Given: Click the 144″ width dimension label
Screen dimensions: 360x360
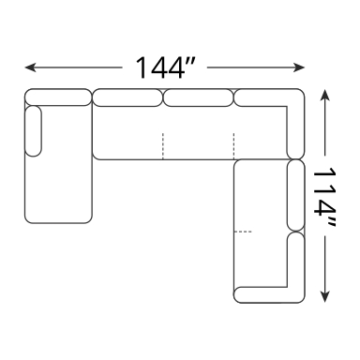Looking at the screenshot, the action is pos(165,67).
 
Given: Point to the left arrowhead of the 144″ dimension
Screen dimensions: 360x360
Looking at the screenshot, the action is pos(31,67).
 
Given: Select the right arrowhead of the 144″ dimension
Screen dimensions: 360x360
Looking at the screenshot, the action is pos(299,67).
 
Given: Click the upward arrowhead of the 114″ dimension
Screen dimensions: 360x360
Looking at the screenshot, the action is pos(325,95).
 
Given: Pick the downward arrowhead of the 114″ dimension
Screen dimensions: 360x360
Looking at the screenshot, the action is pos(325,297).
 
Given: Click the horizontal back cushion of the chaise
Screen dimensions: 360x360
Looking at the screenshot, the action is pos(58,97).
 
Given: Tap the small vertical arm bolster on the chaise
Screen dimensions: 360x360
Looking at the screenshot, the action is pos(33,131).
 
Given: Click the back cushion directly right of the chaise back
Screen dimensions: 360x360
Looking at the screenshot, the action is pos(127,97).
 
